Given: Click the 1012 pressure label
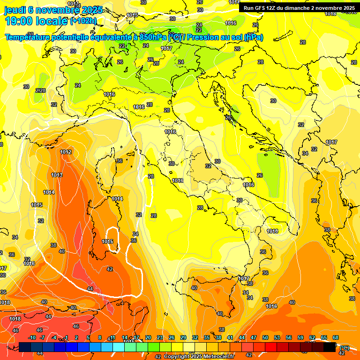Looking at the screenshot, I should click(x=66, y=152).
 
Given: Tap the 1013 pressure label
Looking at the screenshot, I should click(x=57, y=175).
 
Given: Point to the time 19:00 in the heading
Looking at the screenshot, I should click(x=20, y=21).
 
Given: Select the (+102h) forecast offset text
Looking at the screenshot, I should click(x=83, y=21).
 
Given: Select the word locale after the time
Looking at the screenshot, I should click(x=52, y=21).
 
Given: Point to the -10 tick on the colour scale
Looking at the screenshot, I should click(x=32, y=337).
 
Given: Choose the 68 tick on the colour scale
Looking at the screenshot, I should click(x=336, y=337).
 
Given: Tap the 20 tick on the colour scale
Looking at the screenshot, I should click(x=148, y=337).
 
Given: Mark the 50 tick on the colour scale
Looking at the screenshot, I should click(x=265, y=337).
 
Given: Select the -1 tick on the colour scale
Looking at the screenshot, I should click(x=66, y=337).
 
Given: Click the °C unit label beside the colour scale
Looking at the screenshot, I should click(x=345, y=348).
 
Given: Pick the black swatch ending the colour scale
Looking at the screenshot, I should click(x=330, y=347).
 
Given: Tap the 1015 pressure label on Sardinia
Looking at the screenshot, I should click(x=108, y=241).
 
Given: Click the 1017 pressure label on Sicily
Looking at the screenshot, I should click(x=244, y=278).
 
